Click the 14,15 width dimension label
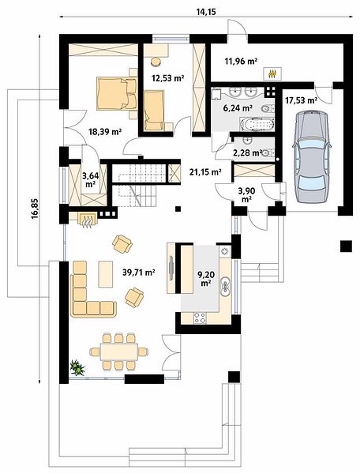[x=207, y=12]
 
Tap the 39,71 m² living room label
[x=139, y=273]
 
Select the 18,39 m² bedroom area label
[x=105, y=131]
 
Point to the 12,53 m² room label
[x=168, y=78]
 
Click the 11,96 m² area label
[x=241, y=62]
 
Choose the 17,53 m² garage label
[x=301, y=100]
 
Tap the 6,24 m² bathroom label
[x=242, y=108]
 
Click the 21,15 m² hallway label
[x=206, y=172]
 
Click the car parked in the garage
[x=312, y=157]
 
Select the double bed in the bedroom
[x=117, y=93]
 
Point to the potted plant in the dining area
[x=77, y=368]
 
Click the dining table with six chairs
[x=119, y=352]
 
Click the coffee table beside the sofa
[x=106, y=274]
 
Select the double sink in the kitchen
[x=225, y=286]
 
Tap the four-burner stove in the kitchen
[x=200, y=318]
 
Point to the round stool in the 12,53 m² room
[x=156, y=62]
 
